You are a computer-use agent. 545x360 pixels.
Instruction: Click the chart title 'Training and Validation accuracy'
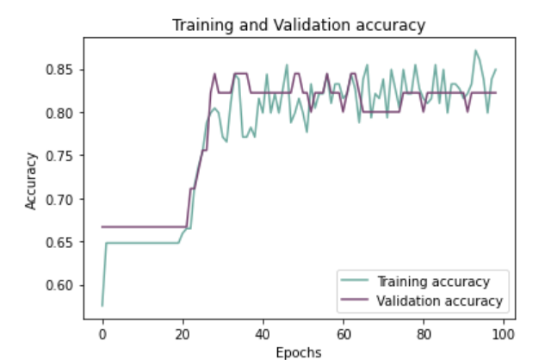[299, 25]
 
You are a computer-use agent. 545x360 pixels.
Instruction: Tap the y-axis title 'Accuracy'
[32, 180]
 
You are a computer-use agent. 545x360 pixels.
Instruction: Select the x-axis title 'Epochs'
[299, 351]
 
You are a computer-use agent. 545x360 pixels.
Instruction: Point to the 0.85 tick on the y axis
[64, 70]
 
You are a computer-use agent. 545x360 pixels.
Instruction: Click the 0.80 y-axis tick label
[64, 113]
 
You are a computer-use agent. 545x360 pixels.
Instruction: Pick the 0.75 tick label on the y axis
[64, 156]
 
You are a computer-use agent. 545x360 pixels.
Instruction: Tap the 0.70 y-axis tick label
[64, 199]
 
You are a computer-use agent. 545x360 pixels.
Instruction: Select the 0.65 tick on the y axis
[64, 242]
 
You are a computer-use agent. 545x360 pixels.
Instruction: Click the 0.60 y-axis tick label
[64, 285]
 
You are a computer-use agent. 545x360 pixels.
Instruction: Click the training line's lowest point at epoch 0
[102, 305]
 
